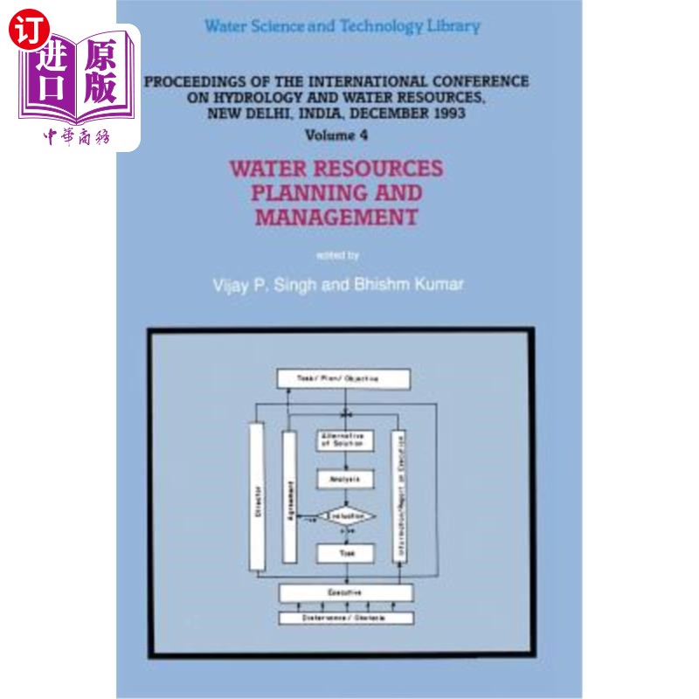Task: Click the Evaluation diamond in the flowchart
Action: (345, 517)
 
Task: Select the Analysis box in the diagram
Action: (345, 479)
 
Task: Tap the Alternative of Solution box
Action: (345, 440)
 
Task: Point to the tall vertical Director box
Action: (257, 496)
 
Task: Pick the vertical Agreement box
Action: (290, 496)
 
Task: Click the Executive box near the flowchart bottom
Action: (345, 593)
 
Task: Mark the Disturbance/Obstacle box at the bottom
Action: (345, 618)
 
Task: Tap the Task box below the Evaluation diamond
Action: (345, 553)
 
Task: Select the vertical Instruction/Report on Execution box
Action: (399, 496)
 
